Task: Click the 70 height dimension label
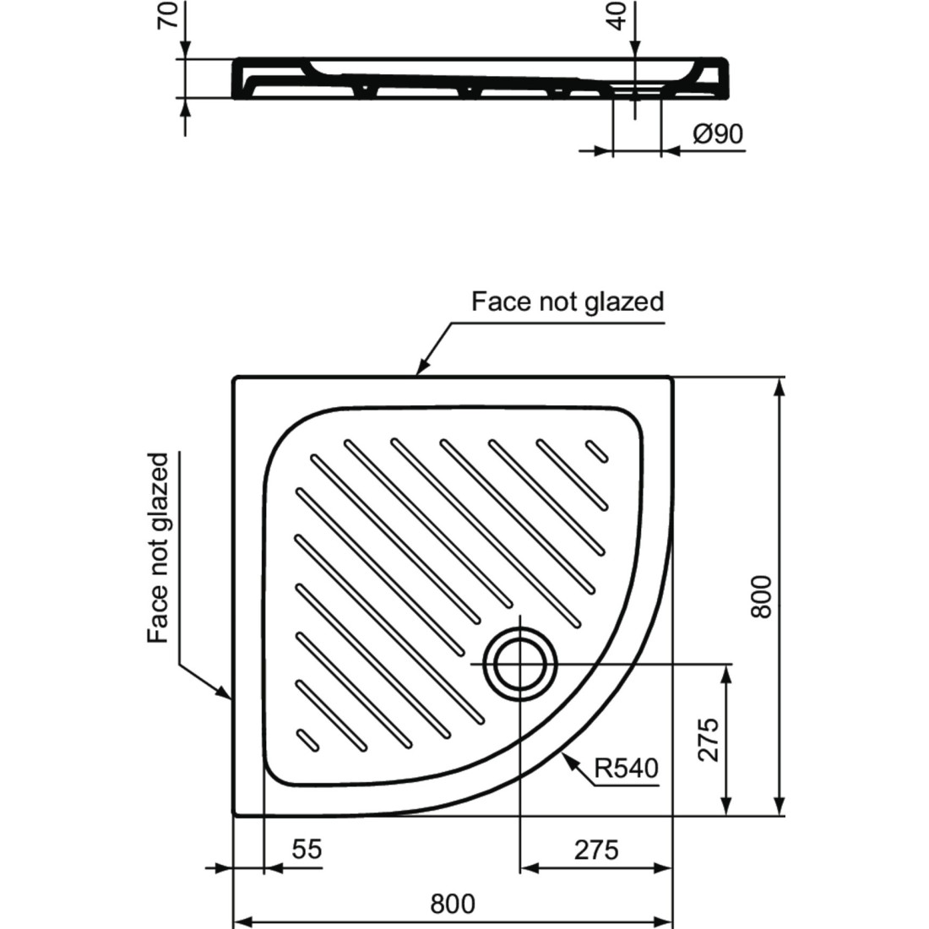(x=170, y=14)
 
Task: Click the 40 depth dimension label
(x=618, y=16)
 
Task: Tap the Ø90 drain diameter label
(x=718, y=134)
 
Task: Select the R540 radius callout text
(x=627, y=769)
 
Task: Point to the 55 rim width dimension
(x=307, y=849)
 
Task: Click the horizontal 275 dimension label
(x=596, y=850)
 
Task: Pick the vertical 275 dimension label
(x=708, y=740)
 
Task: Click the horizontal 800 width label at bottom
(x=453, y=905)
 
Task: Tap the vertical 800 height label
(x=761, y=596)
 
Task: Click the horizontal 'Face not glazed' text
(x=568, y=302)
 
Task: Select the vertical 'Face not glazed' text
(x=159, y=548)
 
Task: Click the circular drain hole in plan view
(x=520, y=664)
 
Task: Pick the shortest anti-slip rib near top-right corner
(x=596, y=450)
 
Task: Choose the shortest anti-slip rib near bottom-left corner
(x=307, y=740)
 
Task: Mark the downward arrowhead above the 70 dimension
(x=185, y=50)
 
